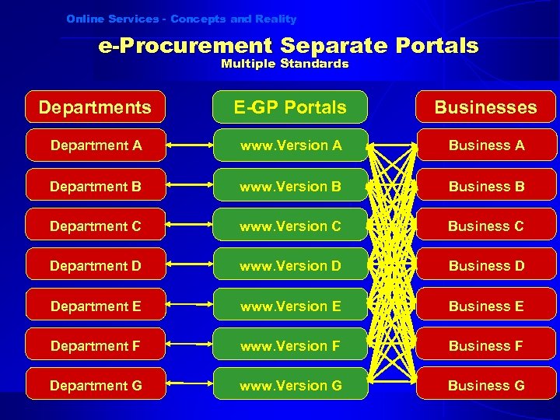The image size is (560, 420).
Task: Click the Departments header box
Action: click(x=95, y=107)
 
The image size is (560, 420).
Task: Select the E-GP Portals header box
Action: click(x=290, y=107)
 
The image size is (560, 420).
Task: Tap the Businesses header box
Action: click(x=485, y=107)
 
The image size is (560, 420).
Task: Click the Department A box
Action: click(x=96, y=145)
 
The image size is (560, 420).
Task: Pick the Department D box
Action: click(x=96, y=266)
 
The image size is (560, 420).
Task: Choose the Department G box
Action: click(x=96, y=386)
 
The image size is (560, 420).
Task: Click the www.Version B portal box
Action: click(x=290, y=187)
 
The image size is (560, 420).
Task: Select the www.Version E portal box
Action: click(x=290, y=306)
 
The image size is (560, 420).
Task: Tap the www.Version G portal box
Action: click(x=290, y=386)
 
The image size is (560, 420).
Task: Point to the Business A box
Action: click(x=486, y=145)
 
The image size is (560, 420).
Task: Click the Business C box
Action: click(x=486, y=226)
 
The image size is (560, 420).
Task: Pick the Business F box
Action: click(x=486, y=346)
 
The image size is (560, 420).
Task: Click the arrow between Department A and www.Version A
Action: click(x=189, y=145)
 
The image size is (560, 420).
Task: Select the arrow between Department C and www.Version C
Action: click(x=189, y=226)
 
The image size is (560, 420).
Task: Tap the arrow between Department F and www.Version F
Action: click(x=189, y=346)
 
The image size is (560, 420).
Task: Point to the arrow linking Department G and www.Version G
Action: click(x=189, y=386)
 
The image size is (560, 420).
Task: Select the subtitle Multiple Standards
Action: click(x=285, y=65)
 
